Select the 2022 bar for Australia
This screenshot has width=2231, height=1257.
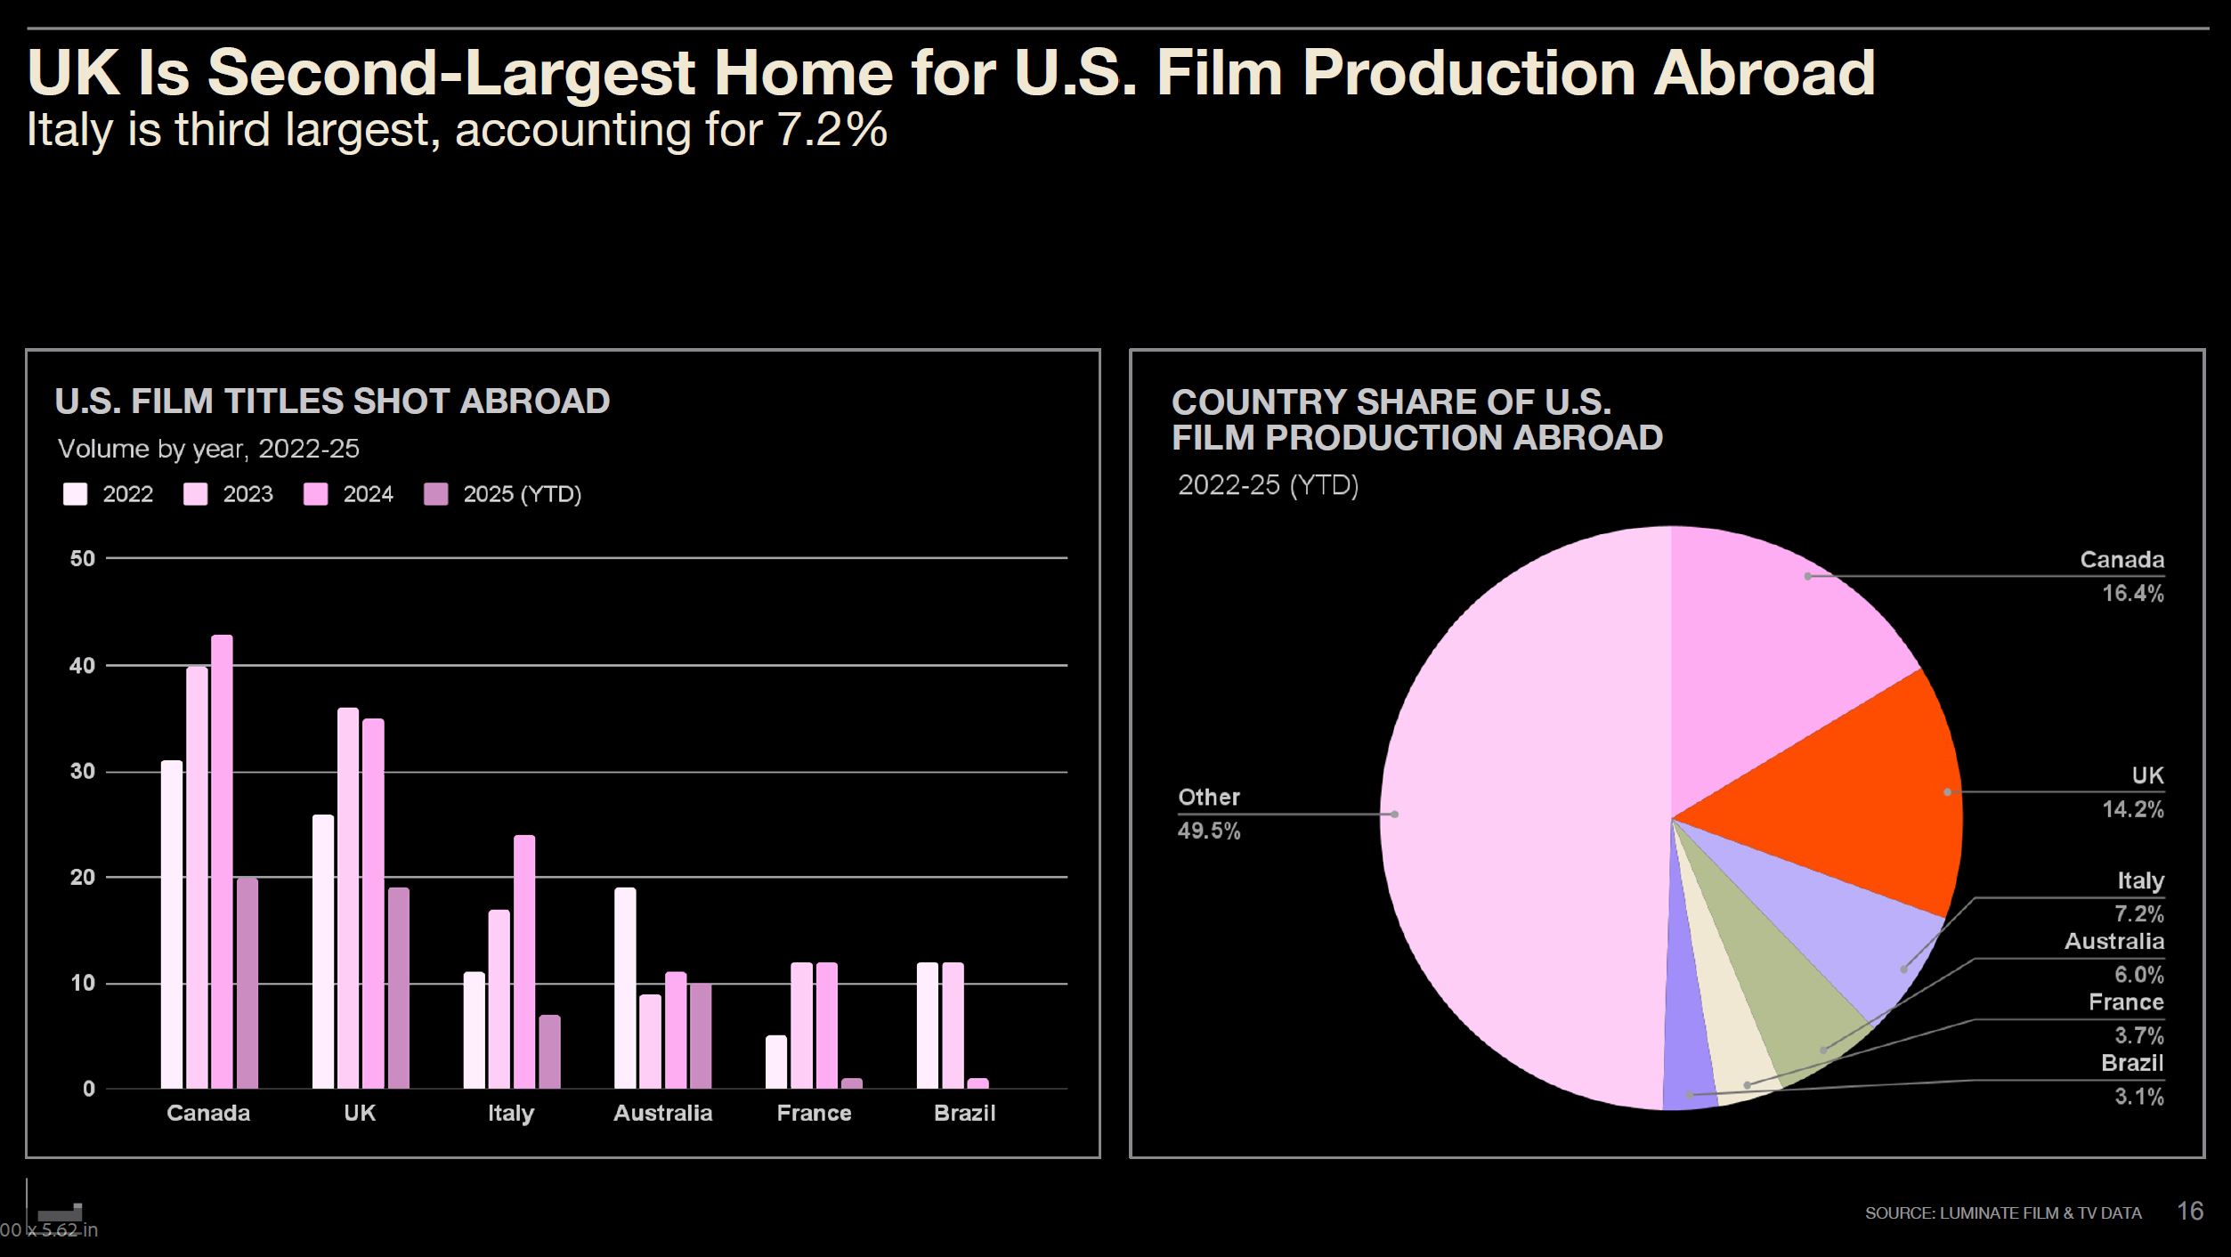(x=625, y=987)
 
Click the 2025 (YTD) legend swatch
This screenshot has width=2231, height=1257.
(x=435, y=494)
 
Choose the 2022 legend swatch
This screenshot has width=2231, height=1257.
(x=76, y=494)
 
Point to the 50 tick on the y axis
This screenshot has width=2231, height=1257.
(x=83, y=559)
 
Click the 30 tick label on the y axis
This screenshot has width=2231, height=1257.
(x=83, y=772)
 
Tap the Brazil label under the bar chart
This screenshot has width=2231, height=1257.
(x=964, y=1113)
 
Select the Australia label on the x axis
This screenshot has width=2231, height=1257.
(x=662, y=1113)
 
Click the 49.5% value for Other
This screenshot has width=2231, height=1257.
(x=1208, y=831)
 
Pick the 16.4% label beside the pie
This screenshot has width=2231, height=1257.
(x=2132, y=593)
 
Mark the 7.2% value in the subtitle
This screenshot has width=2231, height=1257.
(x=832, y=130)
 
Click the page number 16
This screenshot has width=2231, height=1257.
(x=2190, y=1211)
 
